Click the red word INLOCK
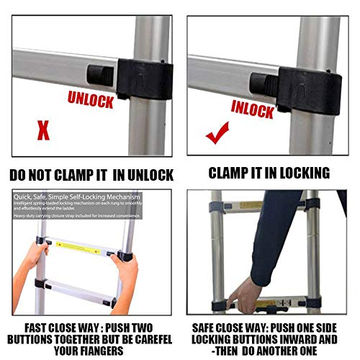pyautogui.click(x=253, y=108)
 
